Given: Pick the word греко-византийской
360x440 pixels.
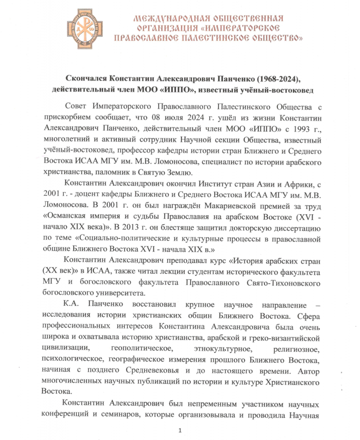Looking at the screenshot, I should click(x=287, y=337).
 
